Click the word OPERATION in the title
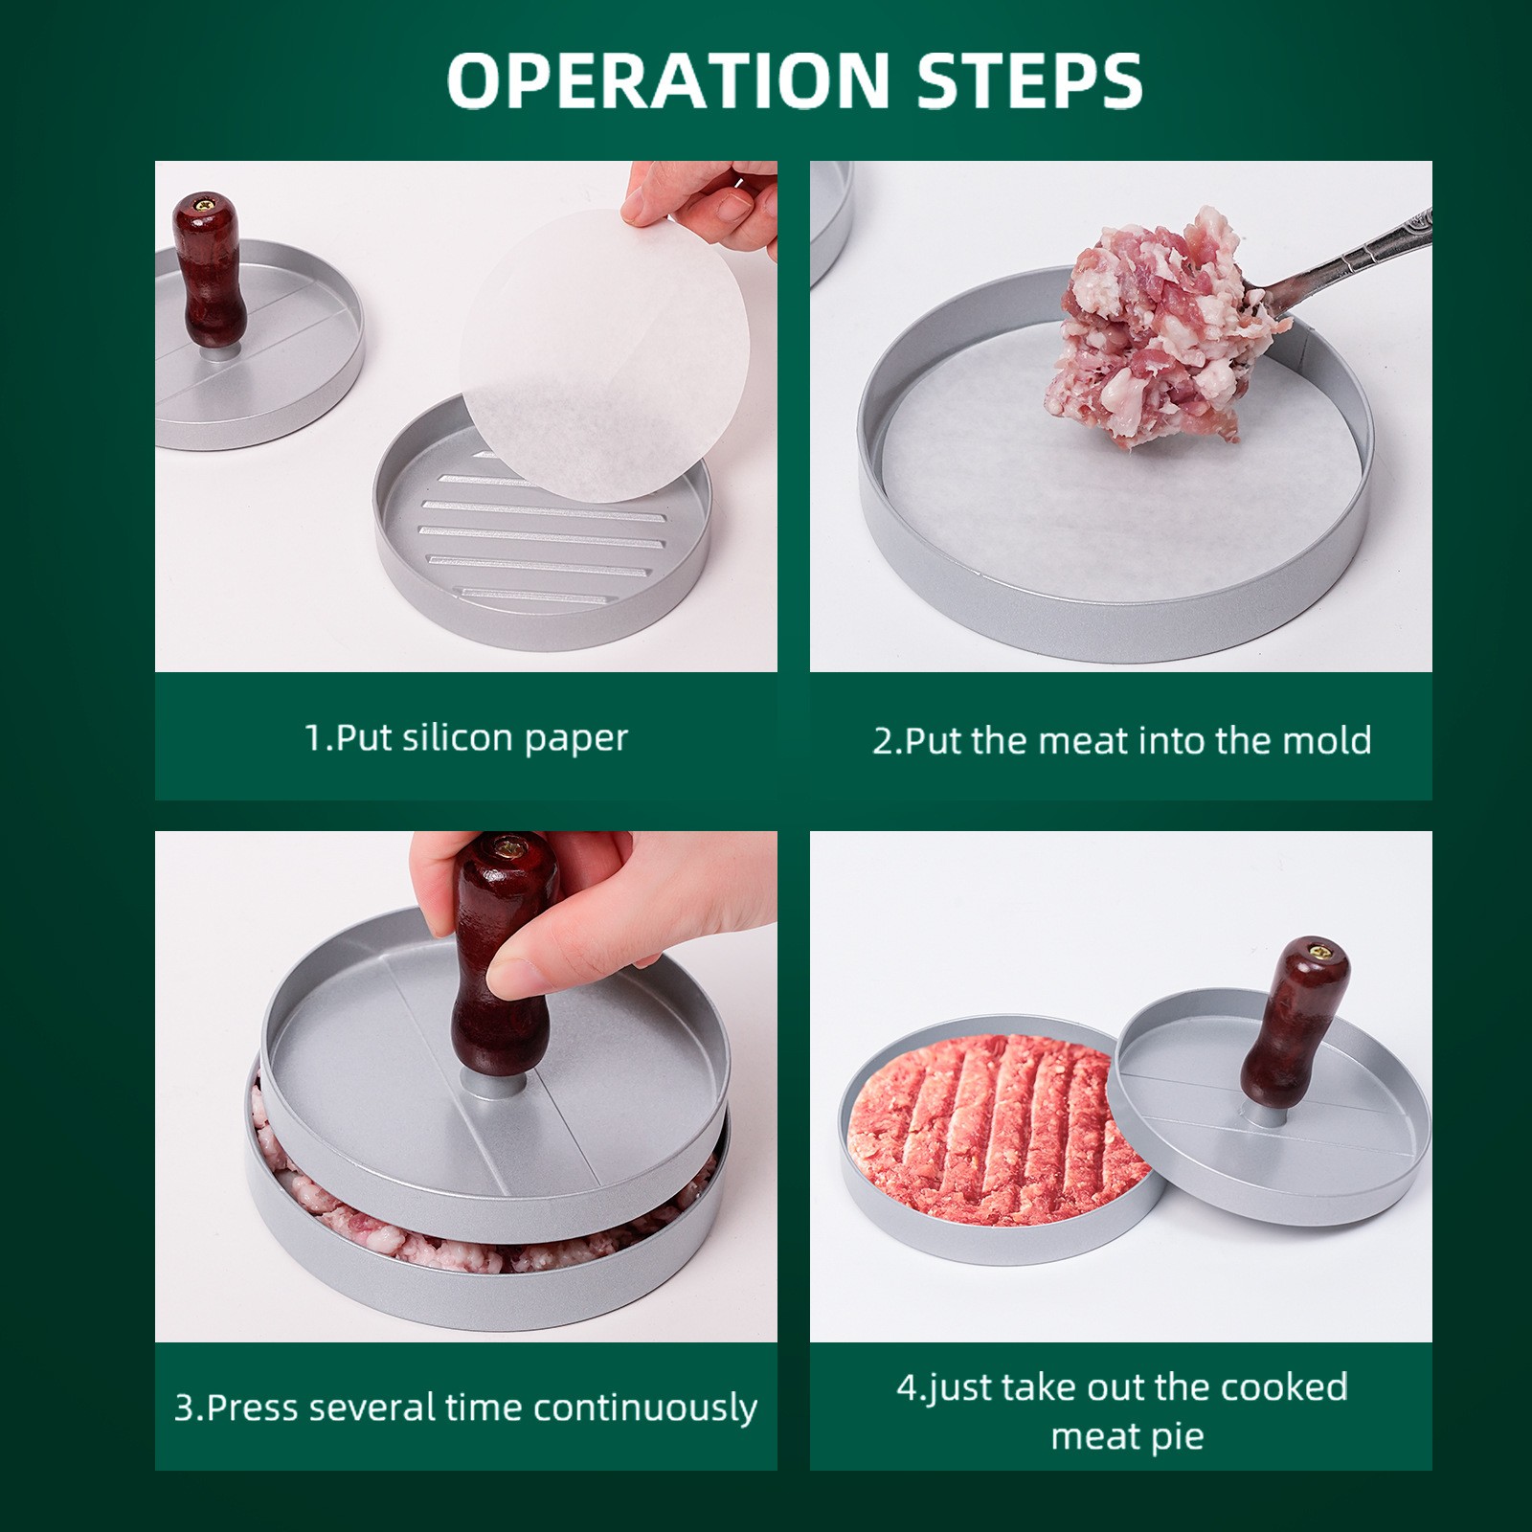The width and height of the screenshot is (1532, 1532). click(668, 80)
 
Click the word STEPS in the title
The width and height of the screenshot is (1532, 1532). click(1030, 80)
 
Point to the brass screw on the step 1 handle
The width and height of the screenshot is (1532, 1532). click(207, 203)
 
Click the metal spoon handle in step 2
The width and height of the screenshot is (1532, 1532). click(1360, 259)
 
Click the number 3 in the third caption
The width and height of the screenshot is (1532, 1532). click(184, 1408)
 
